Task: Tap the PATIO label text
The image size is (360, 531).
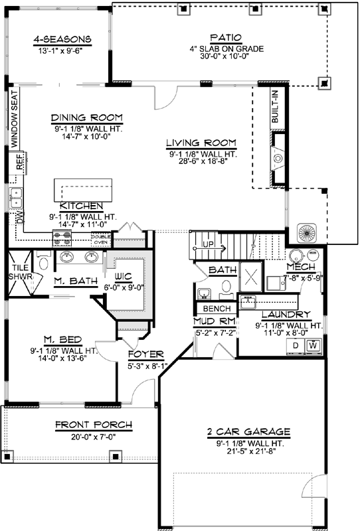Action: (x=225, y=38)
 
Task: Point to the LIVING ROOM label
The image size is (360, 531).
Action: (x=202, y=142)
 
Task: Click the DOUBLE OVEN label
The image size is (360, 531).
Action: (x=101, y=240)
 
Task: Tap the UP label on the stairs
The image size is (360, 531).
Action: (x=208, y=245)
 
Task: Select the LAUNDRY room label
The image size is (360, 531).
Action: (x=286, y=314)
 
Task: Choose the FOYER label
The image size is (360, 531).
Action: (x=142, y=354)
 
